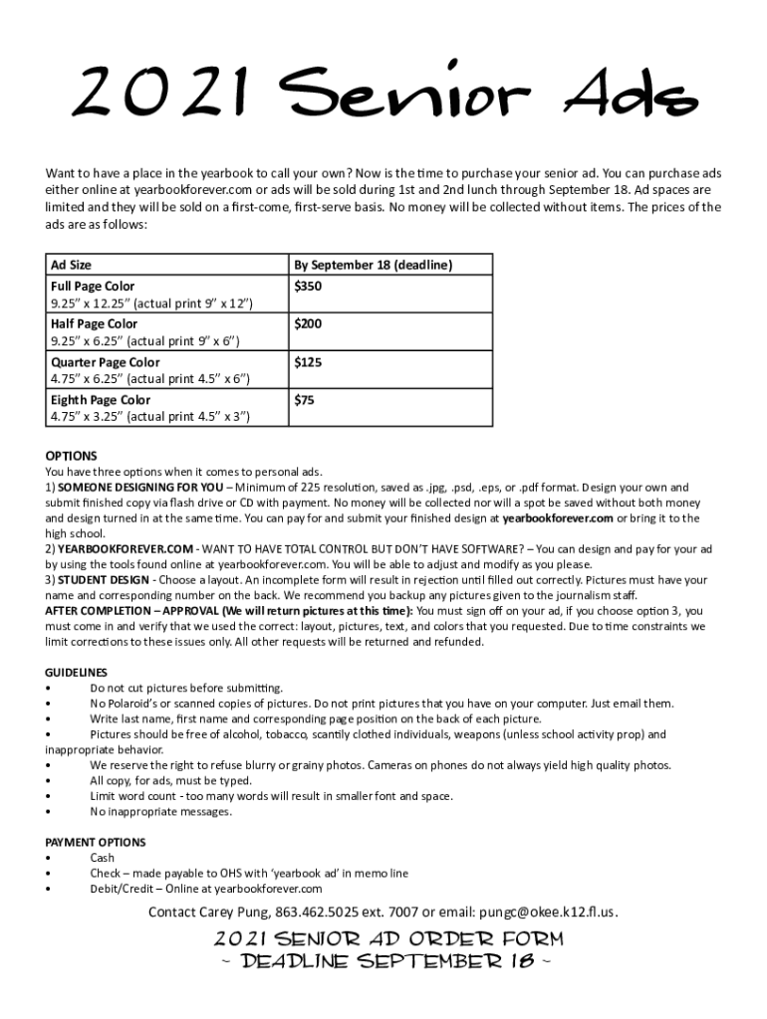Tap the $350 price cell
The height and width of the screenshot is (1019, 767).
pyautogui.click(x=308, y=286)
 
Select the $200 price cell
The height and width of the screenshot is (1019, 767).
pyautogui.click(x=308, y=323)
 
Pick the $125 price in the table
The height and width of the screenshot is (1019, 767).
pyautogui.click(x=308, y=362)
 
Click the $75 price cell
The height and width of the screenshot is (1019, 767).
pyautogui.click(x=304, y=400)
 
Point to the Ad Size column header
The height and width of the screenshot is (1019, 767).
pyautogui.click(x=71, y=265)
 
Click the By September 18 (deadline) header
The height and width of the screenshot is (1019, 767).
pyautogui.click(x=373, y=265)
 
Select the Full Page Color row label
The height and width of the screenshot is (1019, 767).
pyautogui.click(x=93, y=286)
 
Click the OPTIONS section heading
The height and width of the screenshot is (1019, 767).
pyautogui.click(x=71, y=456)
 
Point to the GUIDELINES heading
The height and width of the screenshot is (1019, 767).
pyautogui.click(x=77, y=672)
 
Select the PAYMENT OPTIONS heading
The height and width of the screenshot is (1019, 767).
pyautogui.click(x=96, y=842)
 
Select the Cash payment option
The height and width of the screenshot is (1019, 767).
pyautogui.click(x=102, y=858)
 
